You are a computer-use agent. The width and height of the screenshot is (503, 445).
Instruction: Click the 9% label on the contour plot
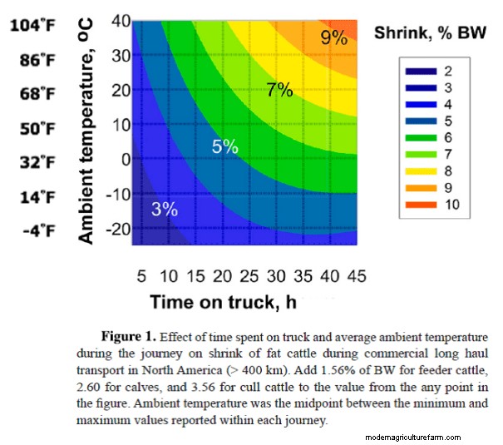pos(333,37)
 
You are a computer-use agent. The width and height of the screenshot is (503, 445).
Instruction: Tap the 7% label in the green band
pos(279,90)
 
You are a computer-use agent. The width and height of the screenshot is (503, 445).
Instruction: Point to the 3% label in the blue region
pos(165,209)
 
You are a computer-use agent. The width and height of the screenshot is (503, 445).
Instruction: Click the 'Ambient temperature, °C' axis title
pos(86,133)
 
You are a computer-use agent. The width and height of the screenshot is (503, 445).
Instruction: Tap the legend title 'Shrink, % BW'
pos(430,33)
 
